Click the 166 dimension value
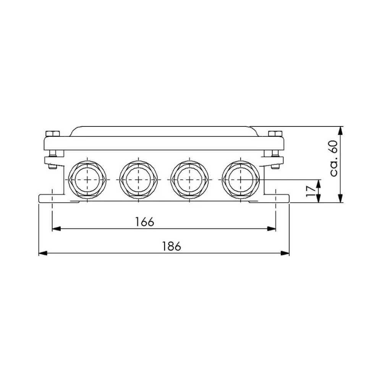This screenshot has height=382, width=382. pyautogui.click(x=144, y=221)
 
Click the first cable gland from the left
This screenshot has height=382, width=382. pyautogui.click(x=87, y=179)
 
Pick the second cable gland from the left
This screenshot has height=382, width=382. pyautogui.click(x=138, y=179)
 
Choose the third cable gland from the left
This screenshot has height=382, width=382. pyautogui.click(x=189, y=179)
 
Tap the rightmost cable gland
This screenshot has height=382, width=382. pyautogui.click(x=240, y=179)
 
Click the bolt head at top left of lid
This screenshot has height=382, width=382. pyautogui.click(x=53, y=133)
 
